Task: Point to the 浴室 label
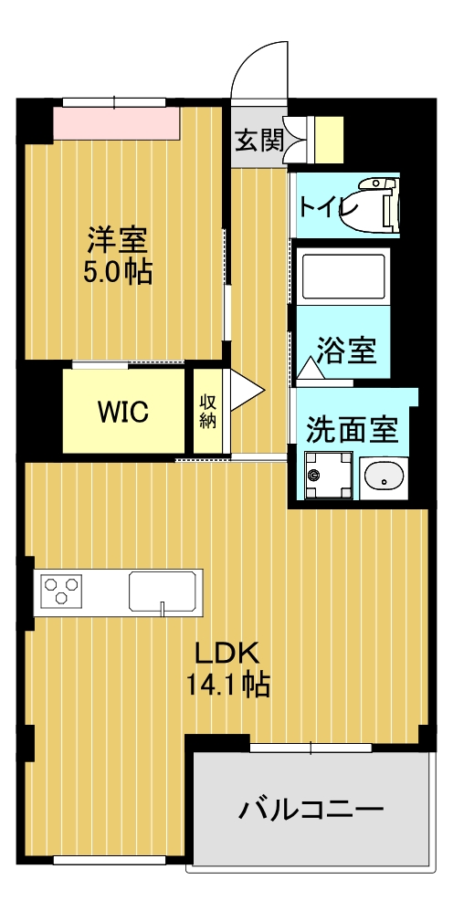pyautogui.click(x=346, y=350)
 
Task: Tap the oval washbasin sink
pyautogui.click(x=383, y=476)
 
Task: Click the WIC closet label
pyautogui.click(x=123, y=411)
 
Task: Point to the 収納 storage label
pyautogui.click(x=208, y=411)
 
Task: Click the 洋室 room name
pyautogui.click(x=117, y=239)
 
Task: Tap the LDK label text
pyautogui.click(x=227, y=652)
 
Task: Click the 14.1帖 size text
pyautogui.click(x=227, y=684)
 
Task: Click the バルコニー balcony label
pyautogui.click(x=311, y=809)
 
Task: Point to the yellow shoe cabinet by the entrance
pyautogui.click(x=330, y=137)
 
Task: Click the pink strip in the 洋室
pyautogui.click(x=114, y=122)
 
